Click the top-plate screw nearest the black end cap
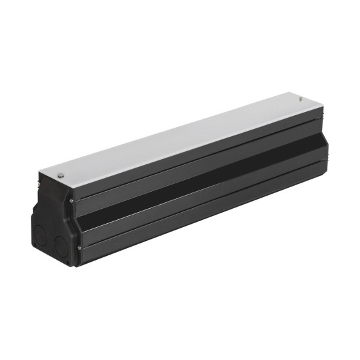click(x=60, y=175)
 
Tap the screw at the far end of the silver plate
click(x=301, y=99)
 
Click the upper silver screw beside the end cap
click(x=71, y=202)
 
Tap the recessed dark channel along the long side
click(x=196, y=177)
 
